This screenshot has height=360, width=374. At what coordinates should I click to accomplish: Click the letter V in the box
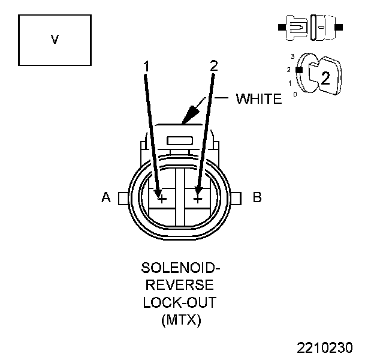click(55, 40)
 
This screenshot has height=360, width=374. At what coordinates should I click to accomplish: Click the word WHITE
click(258, 99)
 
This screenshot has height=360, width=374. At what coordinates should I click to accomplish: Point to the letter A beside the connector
click(106, 197)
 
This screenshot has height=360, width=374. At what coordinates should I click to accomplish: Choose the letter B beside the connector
click(257, 197)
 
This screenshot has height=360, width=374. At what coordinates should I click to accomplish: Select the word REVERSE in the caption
click(180, 284)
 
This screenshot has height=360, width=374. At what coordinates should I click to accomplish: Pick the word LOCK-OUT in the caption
click(180, 302)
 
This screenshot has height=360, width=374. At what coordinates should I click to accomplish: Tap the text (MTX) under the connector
click(180, 320)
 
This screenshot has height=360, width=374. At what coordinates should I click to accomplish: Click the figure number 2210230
click(325, 347)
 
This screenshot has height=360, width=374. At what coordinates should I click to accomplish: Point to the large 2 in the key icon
click(325, 77)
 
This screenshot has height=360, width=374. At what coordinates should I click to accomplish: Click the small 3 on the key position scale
click(292, 56)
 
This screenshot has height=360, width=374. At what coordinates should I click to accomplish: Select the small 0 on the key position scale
click(294, 94)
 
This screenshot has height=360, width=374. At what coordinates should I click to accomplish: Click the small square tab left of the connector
click(122, 197)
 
